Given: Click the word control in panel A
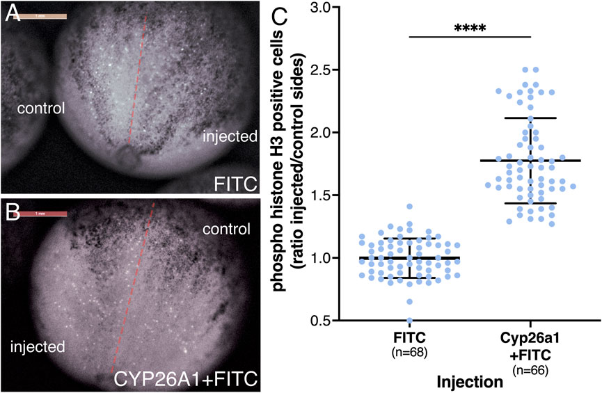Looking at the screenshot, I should (42, 109).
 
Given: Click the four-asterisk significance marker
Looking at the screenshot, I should (470, 29).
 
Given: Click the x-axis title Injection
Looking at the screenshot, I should (470, 381).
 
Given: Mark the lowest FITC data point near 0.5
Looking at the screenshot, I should (410, 321).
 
